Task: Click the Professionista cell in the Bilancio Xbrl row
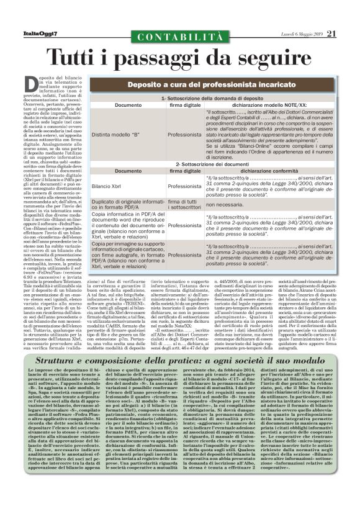[185, 186]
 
